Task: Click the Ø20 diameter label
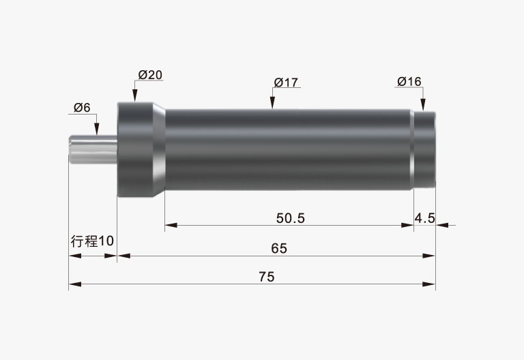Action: [x=150, y=75]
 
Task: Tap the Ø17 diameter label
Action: [x=286, y=82]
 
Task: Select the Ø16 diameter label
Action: [x=409, y=81]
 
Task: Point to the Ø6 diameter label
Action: [x=82, y=108]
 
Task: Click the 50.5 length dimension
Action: [x=291, y=218]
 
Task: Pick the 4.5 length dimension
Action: [x=425, y=218]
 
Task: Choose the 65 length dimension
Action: [x=279, y=248]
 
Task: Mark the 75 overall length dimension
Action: [x=267, y=277]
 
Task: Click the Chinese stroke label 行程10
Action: [x=92, y=241]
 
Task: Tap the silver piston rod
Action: [x=93, y=149]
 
